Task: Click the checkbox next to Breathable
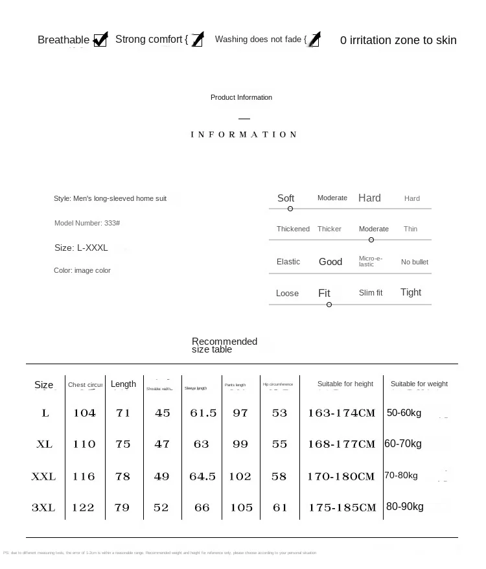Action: pyautogui.click(x=100, y=40)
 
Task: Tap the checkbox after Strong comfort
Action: pyautogui.click(x=198, y=40)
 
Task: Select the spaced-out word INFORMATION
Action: pyautogui.click(x=244, y=135)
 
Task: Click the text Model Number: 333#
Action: pyautogui.click(x=87, y=223)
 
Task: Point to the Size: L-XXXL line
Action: pyautogui.click(x=81, y=248)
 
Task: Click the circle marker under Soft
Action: pyautogui.click(x=290, y=209)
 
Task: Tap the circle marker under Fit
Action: pyautogui.click(x=329, y=305)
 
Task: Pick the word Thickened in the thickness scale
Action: pyautogui.click(x=293, y=229)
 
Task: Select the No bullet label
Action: pyautogui.click(x=415, y=262)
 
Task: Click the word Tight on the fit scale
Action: pyautogui.click(x=411, y=292)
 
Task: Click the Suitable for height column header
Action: pyautogui.click(x=345, y=384)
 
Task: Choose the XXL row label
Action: pyautogui.click(x=43, y=476)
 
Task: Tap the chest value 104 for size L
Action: pyautogui.click(x=84, y=413)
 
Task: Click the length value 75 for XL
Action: pyautogui.click(x=123, y=444)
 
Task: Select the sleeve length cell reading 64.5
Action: pyautogui.click(x=202, y=476)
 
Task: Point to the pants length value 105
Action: pyautogui.click(x=241, y=507)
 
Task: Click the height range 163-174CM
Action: pyautogui.click(x=341, y=413)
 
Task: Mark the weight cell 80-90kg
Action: pyautogui.click(x=404, y=506)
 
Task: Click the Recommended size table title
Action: pyautogui.click(x=224, y=345)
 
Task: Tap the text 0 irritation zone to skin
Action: pyautogui.click(x=398, y=40)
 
